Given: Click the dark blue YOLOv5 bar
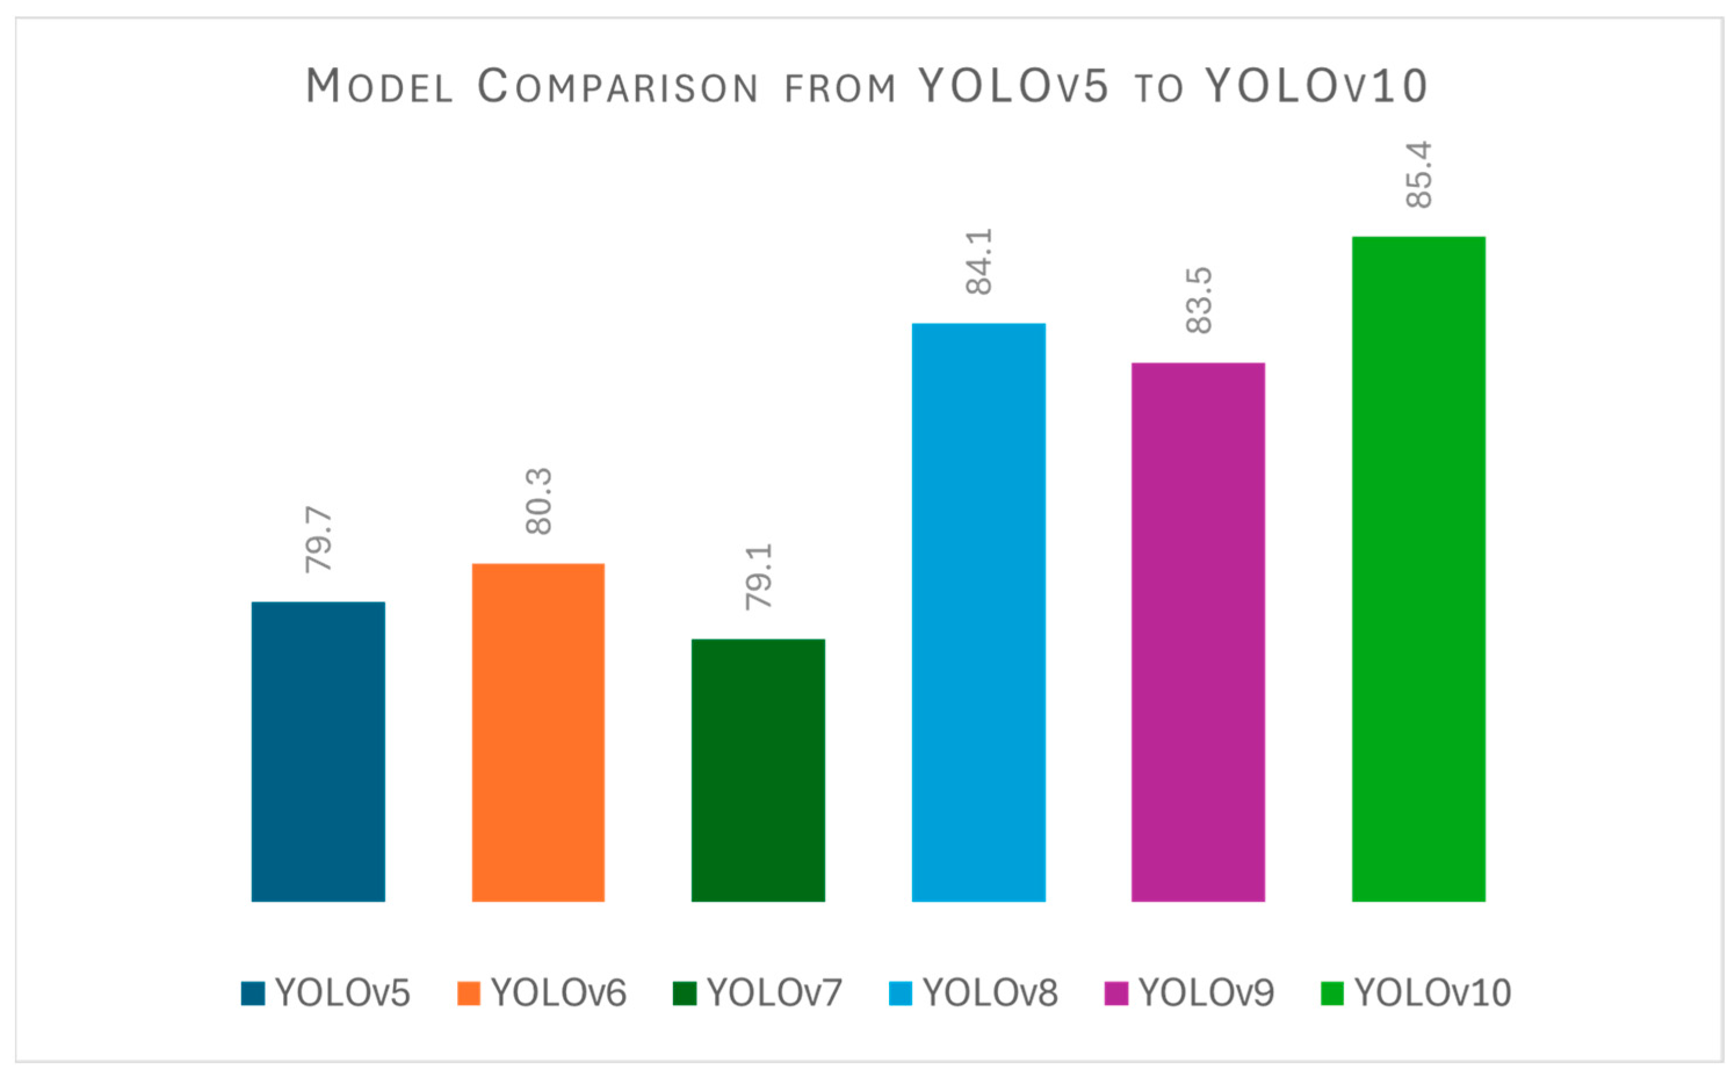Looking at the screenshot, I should [318, 751].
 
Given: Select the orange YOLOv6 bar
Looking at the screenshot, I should [538, 732].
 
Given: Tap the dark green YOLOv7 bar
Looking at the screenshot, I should [758, 770].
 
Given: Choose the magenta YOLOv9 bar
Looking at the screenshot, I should [1198, 632].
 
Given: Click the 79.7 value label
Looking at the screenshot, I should [318, 540].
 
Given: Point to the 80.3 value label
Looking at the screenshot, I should [538, 501].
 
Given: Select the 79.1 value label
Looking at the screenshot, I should [758, 577].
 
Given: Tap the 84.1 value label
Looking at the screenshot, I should [978, 262].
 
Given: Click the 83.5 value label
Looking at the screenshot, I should [1198, 300].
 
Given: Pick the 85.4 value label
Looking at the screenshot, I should [1418, 175].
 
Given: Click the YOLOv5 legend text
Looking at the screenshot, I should [342, 993].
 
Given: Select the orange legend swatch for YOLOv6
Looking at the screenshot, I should [468, 993].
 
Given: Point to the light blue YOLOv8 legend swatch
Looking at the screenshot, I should [900, 993].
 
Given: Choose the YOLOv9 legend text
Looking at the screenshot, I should [1206, 993].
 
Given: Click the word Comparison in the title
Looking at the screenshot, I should [617, 86].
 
